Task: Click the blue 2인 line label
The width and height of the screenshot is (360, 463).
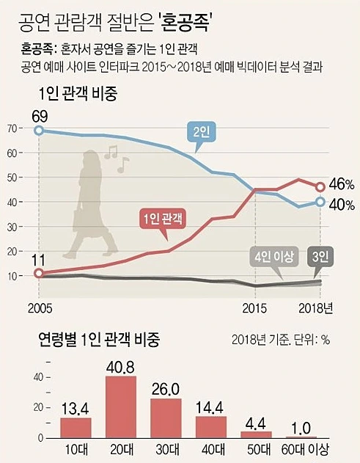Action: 201,133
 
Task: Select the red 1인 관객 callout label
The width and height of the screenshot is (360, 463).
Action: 163,219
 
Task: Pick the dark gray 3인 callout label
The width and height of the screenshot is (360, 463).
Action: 320,257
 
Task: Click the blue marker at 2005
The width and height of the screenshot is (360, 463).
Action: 39,131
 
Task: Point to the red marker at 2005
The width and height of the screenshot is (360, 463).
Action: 39,273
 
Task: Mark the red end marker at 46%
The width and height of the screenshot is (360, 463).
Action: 320,186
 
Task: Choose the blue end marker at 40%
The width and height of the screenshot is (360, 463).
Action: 320,202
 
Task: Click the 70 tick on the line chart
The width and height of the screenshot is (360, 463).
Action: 13,128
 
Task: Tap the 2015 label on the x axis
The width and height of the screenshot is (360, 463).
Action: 254,308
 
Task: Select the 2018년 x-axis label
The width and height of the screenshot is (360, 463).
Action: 316,308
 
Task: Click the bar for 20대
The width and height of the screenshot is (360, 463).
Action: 121,407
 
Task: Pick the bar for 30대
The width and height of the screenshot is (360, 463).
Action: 166,418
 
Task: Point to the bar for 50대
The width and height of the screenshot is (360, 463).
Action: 256,434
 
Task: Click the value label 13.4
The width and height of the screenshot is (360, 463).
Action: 76,409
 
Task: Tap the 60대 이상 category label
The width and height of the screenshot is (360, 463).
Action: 305,450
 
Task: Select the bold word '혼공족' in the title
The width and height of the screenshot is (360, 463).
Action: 186,23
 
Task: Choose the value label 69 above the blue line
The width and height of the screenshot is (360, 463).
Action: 40,117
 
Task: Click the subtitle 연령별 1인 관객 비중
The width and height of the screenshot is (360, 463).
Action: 100,339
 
